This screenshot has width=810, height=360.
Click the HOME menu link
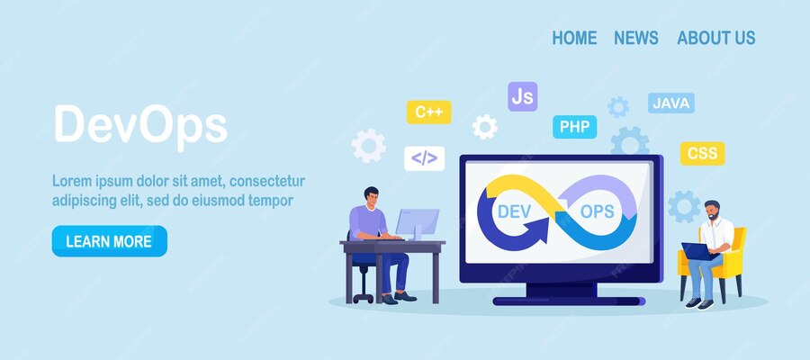pos(574,38)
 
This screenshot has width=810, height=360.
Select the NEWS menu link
pos(636,38)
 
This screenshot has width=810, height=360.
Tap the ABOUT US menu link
pos(716,38)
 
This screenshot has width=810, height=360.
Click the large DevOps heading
pos(139,125)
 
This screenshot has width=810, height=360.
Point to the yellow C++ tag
pos(428,112)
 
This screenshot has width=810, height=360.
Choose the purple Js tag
pos(522,95)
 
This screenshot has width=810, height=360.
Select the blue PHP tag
pos(574,127)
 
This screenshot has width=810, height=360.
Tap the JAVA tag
pos(671,103)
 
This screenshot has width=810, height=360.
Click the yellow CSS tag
pos(702,153)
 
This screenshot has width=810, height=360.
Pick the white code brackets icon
pos(424,158)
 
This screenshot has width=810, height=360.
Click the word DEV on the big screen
pos(517,211)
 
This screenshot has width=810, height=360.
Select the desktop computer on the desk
pos(417,223)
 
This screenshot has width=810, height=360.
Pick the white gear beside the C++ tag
pos(485,127)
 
